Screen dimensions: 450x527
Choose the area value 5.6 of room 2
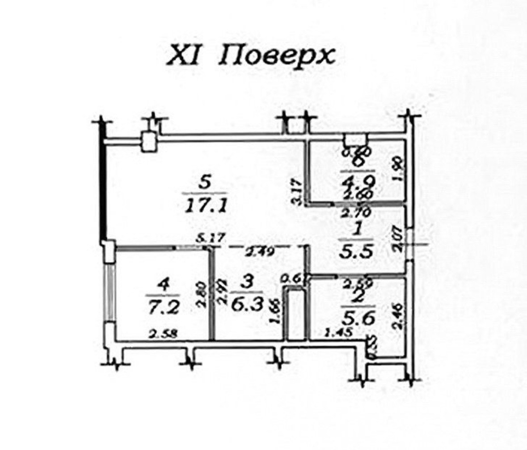[x=358, y=318]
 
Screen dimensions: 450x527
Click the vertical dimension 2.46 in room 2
[x=398, y=316]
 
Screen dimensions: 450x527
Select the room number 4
[x=162, y=284]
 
